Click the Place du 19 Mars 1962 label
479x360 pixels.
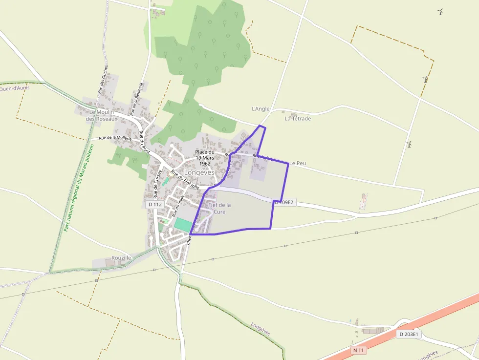205,158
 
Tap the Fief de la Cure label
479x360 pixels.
219,208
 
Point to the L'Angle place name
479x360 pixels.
261,109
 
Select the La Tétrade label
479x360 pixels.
298,118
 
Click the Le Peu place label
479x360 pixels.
297,163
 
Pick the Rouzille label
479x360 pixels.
121,257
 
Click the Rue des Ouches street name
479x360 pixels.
103,79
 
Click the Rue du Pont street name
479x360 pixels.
144,142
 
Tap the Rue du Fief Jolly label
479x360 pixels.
185,179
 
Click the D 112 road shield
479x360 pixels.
154,204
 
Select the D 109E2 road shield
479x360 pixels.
285,202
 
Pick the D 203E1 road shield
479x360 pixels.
408,335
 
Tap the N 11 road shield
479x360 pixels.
358,350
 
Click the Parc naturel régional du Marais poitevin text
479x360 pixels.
78,188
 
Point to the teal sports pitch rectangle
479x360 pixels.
183,225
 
